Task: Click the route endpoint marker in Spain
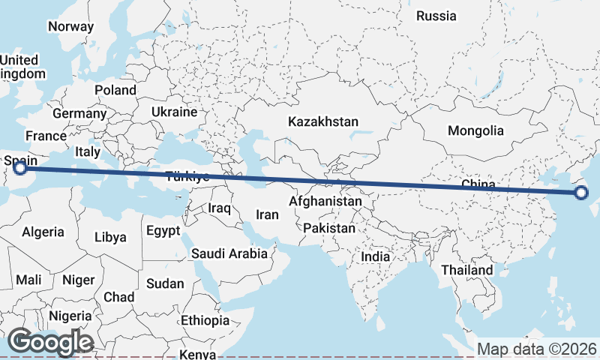tap(20, 168)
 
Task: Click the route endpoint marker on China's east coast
tap(582, 193)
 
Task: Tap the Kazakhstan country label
tap(322, 121)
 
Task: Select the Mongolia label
tap(475, 130)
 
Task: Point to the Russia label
tap(436, 16)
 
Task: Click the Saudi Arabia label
tap(229, 253)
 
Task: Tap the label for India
tap(375, 256)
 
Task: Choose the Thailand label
tap(466, 270)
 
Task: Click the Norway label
tap(70, 26)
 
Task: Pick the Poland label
tap(115, 90)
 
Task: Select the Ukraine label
tap(173, 112)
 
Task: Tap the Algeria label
tap(43, 232)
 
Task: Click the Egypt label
tap(164, 230)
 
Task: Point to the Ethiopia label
tap(205, 320)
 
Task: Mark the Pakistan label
tap(330, 227)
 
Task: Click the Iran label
tap(267, 214)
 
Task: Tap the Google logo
tap(50, 342)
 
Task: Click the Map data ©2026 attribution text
tap(536, 349)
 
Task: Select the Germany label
tap(79, 113)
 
